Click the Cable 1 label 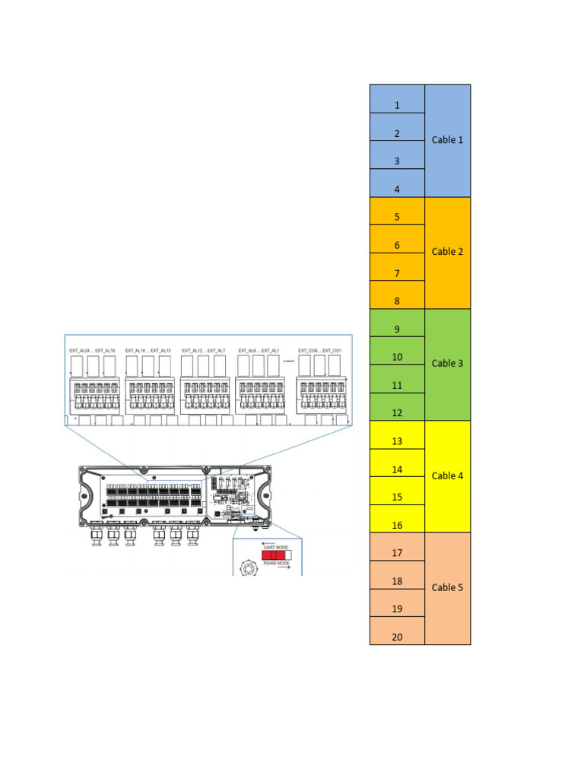(x=447, y=140)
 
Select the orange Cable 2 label (x=447, y=252)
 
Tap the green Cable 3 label (x=447, y=364)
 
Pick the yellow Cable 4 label (x=447, y=476)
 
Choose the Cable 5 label (x=447, y=588)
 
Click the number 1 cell (x=397, y=106)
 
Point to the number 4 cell (x=397, y=189)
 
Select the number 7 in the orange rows (x=397, y=273)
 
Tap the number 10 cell (x=397, y=358)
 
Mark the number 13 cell (x=397, y=441)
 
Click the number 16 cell (x=397, y=525)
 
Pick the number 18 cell (x=397, y=581)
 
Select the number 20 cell (x=397, y=637)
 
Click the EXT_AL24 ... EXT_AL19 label (x=92, y=351)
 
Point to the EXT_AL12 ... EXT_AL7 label (x=203, y=351)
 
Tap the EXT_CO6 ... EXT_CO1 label (x=319, y=351)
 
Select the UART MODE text (x=275, y=547)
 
